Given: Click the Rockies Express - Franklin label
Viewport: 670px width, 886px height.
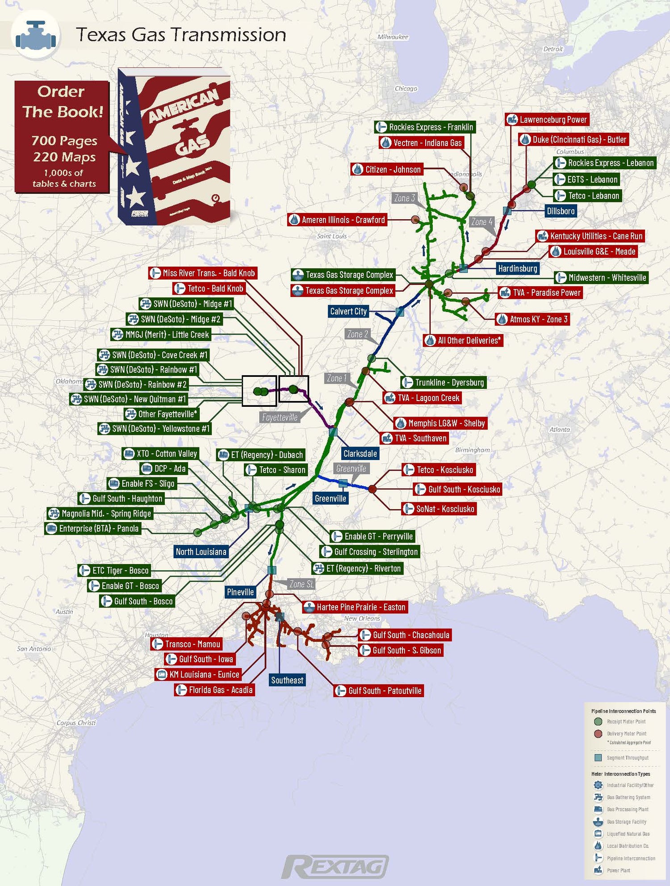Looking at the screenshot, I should (x=425, y=127).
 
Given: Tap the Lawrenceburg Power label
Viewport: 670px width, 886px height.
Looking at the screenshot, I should (x=547, y=120).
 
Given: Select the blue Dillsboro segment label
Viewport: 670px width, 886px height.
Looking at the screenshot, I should (x=561, y=211).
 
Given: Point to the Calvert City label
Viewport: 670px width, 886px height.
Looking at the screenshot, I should (x=348, y=311).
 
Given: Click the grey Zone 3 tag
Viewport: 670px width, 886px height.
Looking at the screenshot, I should (x=404, y=198).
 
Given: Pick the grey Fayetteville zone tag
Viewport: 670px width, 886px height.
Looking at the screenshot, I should (x=280, y=417).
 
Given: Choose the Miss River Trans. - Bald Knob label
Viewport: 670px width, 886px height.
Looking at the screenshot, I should (x=203, y=273).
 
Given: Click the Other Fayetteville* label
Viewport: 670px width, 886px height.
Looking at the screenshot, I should (x=161, y=414).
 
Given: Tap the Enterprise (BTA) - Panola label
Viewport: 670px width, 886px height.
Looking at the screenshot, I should (x=93, y=529).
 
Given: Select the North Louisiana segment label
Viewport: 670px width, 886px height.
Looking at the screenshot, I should (x=201, y=552).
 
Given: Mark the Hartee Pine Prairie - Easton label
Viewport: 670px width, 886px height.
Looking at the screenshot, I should (x=355, y=607).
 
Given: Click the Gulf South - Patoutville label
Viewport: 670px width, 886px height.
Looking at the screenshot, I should (x=379, y=691).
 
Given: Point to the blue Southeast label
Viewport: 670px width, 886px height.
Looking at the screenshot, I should (x=287, y=680).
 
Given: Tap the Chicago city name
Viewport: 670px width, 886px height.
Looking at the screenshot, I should (x=406, y=88).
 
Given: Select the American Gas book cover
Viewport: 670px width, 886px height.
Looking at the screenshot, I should (x=174, y=147).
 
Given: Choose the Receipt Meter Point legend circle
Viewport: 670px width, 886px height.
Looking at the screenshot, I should (x=598, y=722).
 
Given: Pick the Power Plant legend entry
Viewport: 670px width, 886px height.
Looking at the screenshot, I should (x=618, y=870).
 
